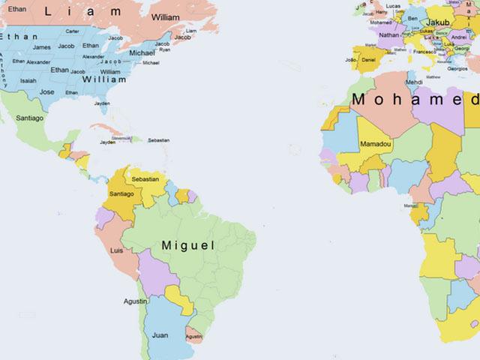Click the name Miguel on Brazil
[x=187, y=245]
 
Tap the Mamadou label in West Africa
[x=374, y=143]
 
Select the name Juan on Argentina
[x=160, y=335]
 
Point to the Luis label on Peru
[x=116, y=250]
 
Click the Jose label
[x=46, y=92]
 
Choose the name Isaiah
[x=28, y=81]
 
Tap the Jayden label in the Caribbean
[x=108, y=142]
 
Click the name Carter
[x=73, y=31]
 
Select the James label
[x=42, y=47]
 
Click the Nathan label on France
[x=389, y=35]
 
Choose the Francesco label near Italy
[x=424, y=52]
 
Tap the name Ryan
[x=165, y=49]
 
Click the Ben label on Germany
[x=413, y=18]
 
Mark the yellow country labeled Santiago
[x=121, y=194]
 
